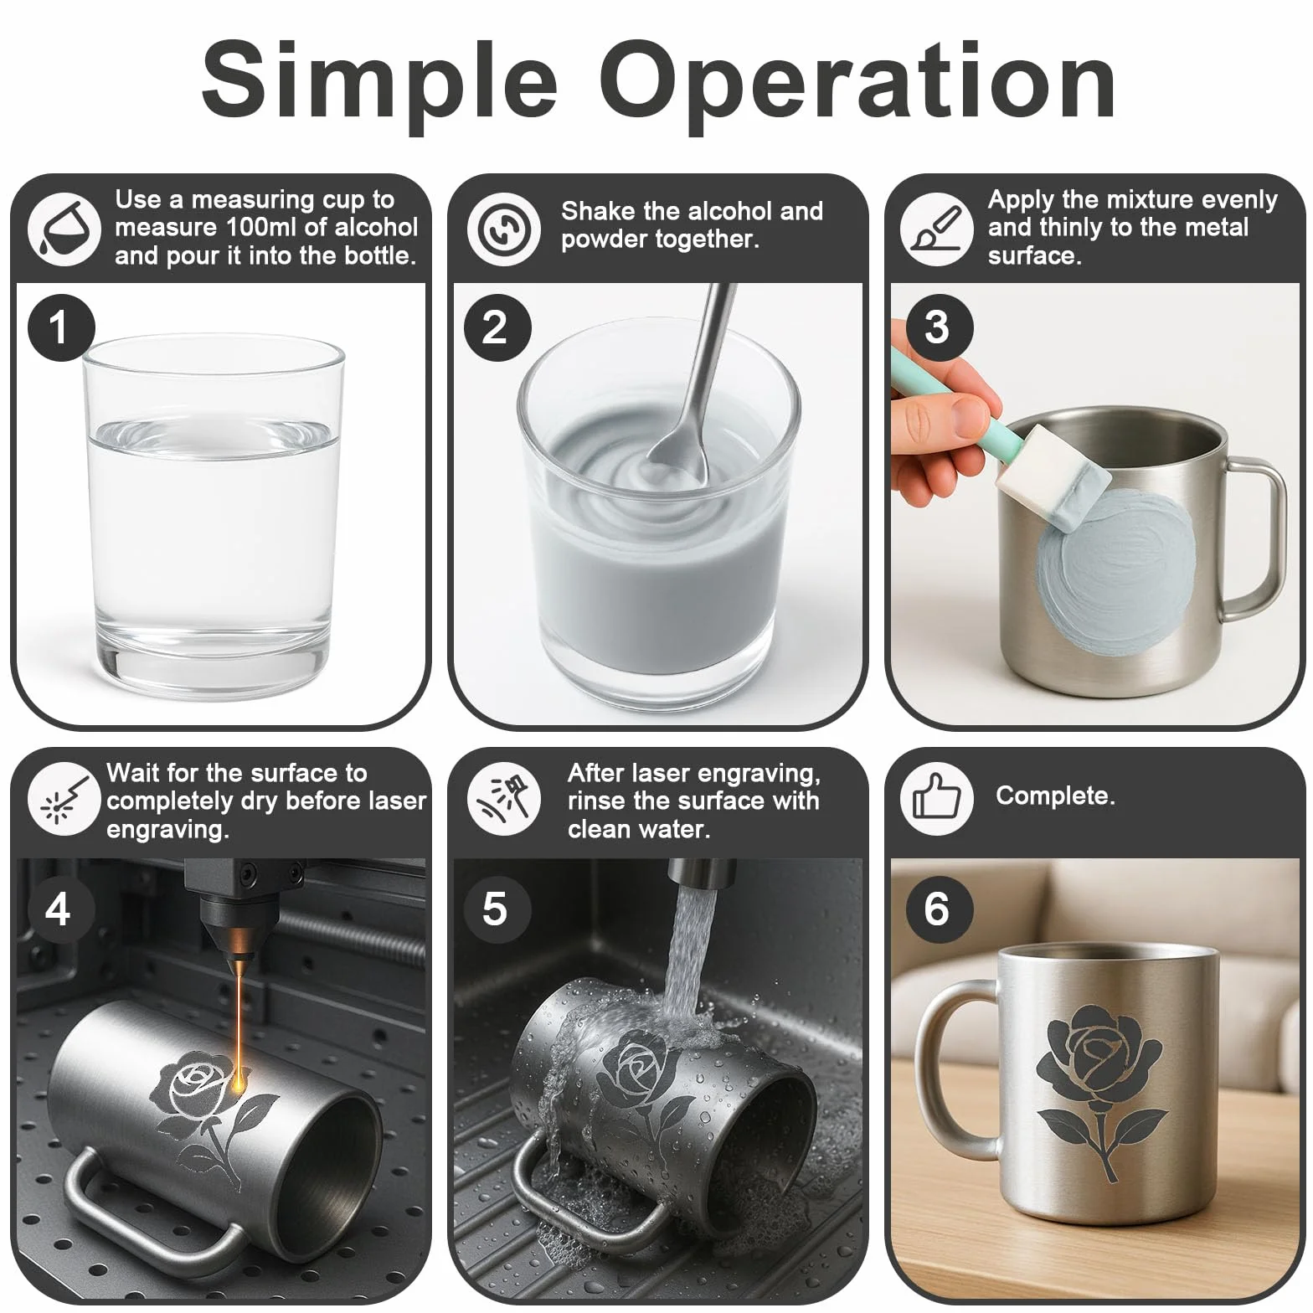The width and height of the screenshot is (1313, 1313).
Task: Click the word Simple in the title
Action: pyautogui.click(x=379, y=84)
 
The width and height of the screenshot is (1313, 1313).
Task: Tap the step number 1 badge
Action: pyautogui.click(x=61, y=327)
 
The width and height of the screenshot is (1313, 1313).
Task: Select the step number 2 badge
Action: pyautogui.click(x=497, y=327)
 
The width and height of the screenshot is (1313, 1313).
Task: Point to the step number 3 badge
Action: pyautogui.click(x=939, y=327)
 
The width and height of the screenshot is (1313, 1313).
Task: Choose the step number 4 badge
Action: pyautogui.click(x=58, y=909)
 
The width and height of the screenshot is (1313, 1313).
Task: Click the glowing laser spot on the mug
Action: pyautogui.click(x=240, y=1084)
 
